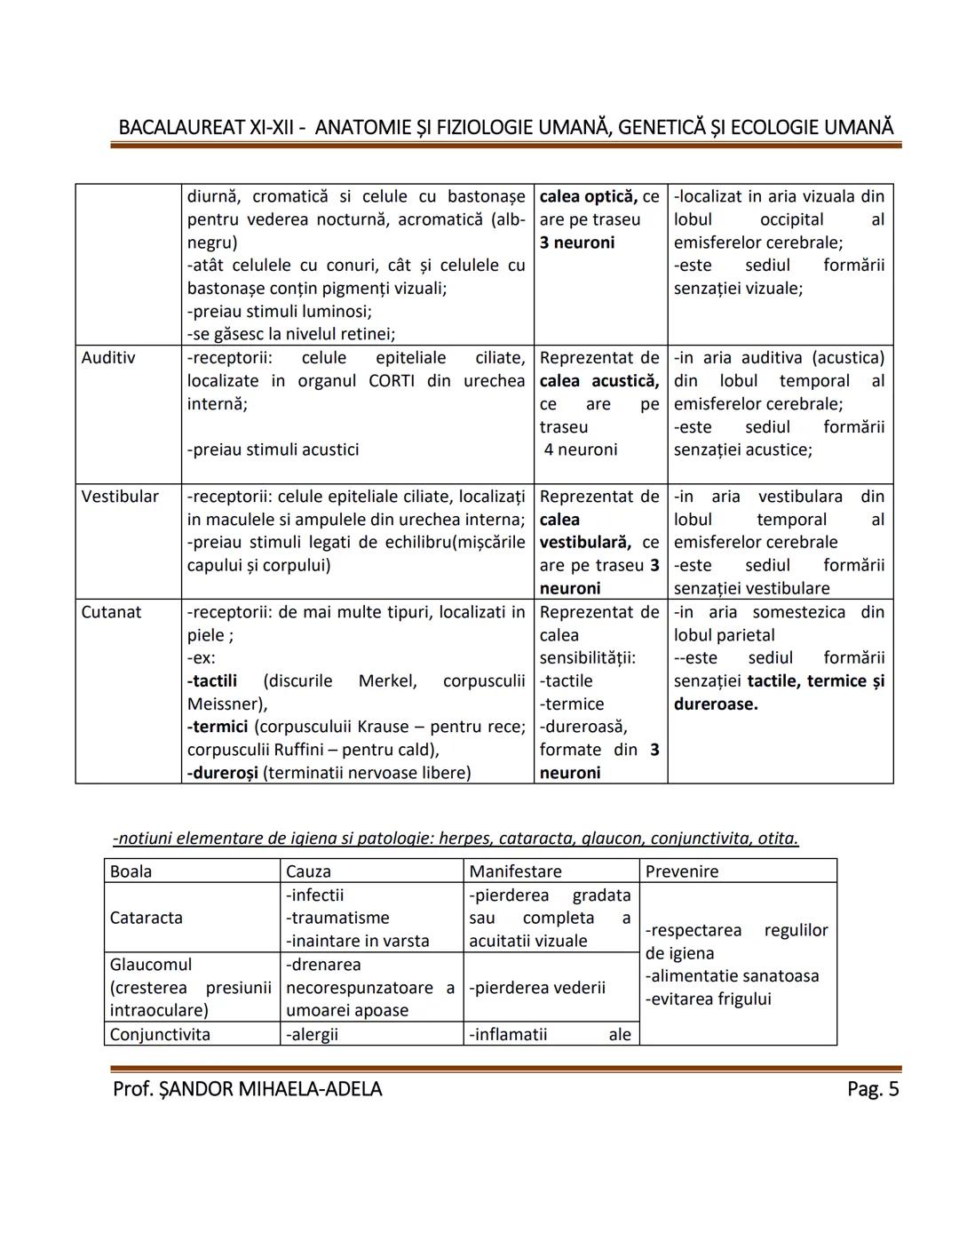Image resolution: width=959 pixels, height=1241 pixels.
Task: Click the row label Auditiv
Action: point(108,358)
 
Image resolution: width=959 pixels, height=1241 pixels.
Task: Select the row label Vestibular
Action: point(120,497)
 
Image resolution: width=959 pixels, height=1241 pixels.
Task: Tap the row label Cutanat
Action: point(111,612)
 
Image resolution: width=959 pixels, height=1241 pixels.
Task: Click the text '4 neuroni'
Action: point(581,449)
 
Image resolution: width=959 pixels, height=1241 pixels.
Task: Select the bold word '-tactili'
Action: point(212,681)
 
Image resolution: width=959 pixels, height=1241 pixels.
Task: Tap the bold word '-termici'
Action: point(217,727)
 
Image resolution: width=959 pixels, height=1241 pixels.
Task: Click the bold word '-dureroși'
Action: point(222,773)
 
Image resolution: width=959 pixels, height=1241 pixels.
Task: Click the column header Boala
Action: point(131,871)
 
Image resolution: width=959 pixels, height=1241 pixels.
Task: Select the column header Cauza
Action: point(308,871)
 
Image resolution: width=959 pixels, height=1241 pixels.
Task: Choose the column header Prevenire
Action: point(682,871)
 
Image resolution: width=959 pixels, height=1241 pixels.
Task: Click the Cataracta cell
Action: point(146,918)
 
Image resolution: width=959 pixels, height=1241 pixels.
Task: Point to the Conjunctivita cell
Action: point(160,1034)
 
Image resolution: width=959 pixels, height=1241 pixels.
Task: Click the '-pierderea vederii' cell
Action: point(537,988)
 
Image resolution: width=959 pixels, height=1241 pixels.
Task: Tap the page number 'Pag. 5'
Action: point(873,1089)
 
